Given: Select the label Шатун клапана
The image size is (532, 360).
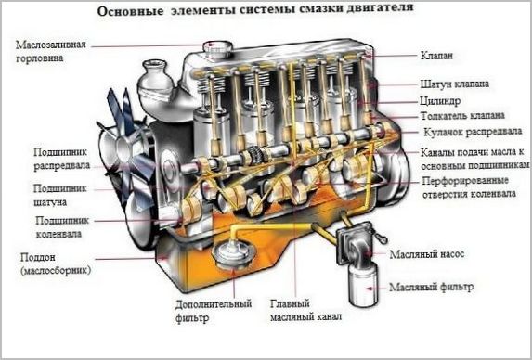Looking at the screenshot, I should (454, 84).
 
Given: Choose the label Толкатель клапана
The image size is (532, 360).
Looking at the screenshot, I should (461, 116).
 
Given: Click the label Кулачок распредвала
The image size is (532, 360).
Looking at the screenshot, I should (464, 134).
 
